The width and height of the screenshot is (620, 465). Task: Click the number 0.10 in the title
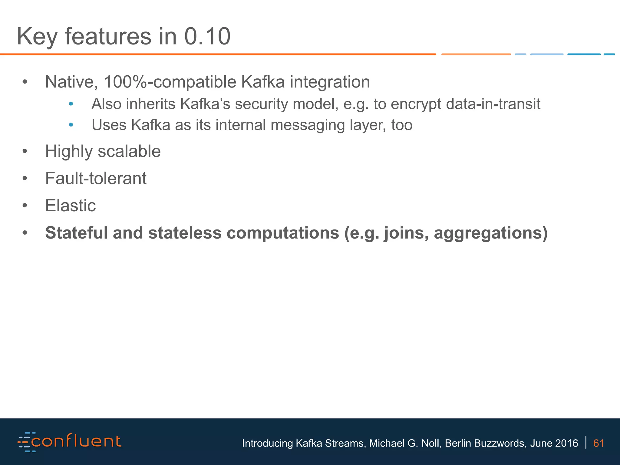pyautogui.click(x=207, y=36)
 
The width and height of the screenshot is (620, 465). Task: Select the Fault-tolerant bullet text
pyautogui.click(x=96, y=178)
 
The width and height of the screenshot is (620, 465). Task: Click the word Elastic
pyautogui.click(x=70, y=206)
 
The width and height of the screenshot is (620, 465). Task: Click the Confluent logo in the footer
pyautogui.click(x=70, y=442)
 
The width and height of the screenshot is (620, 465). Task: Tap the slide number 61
pyautogui.click(x=599, y=443)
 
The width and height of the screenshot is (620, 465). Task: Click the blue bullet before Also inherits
pyautogui.click(x=71, y=104)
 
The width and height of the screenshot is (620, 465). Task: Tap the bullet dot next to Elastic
pyautogui.click(x=25, y=206)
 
